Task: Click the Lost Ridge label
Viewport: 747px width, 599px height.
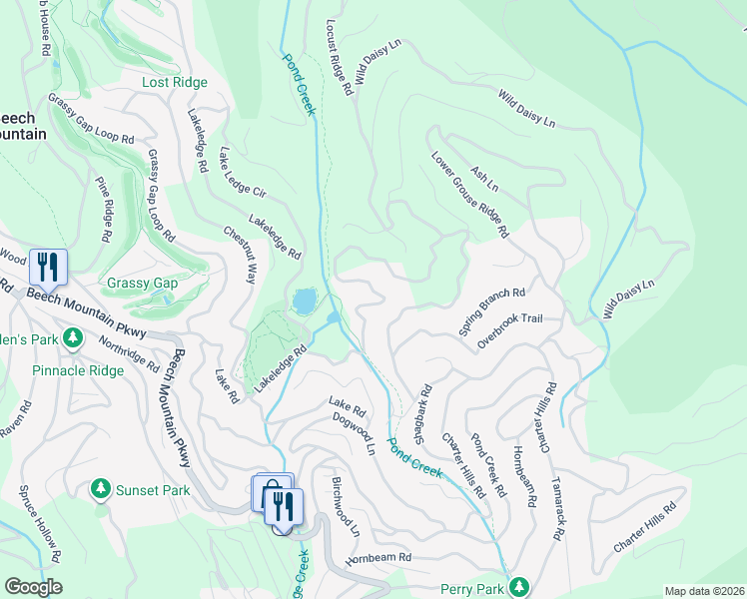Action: pos(175,83)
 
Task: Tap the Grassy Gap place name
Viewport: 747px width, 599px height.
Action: pos(142,284)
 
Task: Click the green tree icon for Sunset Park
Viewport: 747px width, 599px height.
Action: pos(100,489)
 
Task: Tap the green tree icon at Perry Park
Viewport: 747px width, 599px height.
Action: pos(518,587)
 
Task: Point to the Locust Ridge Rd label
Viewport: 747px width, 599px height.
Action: pos(341,57)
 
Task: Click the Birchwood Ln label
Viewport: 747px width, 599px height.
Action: pos(344,503)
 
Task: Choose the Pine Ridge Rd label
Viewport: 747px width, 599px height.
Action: pos(103,211)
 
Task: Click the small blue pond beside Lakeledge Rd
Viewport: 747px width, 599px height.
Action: pos(304,300)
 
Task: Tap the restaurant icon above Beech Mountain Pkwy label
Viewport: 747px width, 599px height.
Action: pos(47,267)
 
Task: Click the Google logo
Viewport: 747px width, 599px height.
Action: pos(33,587)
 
